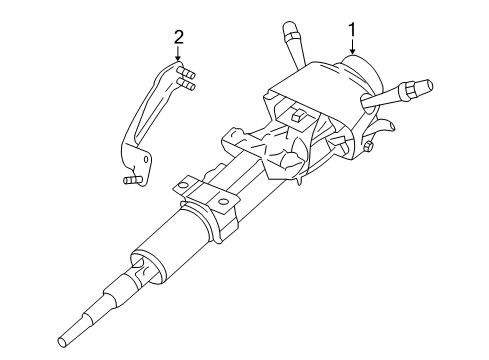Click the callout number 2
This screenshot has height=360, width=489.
coord(178,38)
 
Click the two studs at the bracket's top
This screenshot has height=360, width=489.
coord(186,77)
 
